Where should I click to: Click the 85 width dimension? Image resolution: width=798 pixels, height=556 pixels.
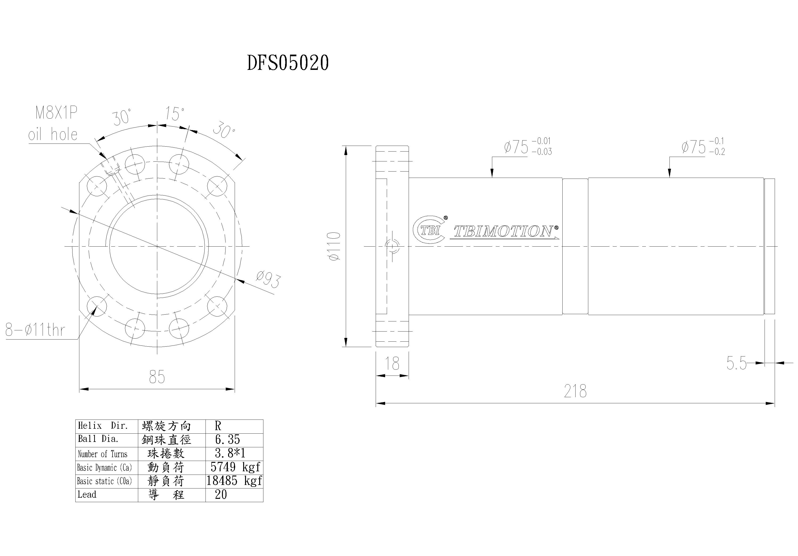click(157, 377)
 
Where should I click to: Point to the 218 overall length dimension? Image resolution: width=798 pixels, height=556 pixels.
click(575, 392)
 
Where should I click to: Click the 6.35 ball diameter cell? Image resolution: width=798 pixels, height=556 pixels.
click(228, 440)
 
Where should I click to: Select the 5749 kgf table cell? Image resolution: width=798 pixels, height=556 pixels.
click(235, 467)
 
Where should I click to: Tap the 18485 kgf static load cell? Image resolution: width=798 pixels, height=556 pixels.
click(234, 481)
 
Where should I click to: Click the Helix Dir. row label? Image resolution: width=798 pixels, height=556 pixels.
click(103, 426)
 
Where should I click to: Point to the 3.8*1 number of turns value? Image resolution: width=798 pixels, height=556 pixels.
click(230, 453)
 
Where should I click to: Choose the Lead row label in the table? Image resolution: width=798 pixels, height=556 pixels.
click(87, 495)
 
